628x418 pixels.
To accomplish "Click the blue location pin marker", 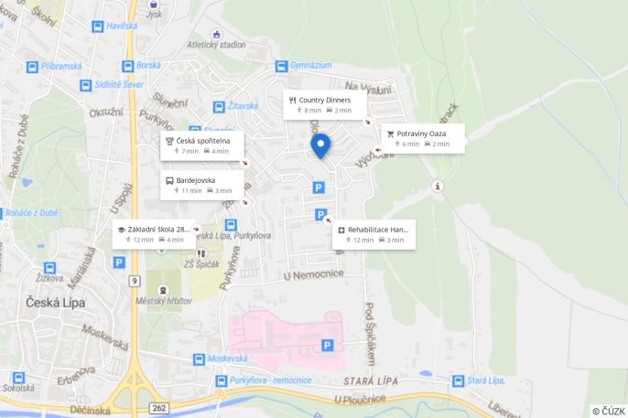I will pyautogui.click(x=319, y=145).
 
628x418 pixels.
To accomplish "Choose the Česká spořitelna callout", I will pyautogui.click(x=202, y=145).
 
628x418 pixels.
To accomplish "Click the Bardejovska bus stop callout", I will pyautogui.click(x=202, y=185).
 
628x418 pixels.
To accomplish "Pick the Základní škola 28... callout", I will pyautogui.click(x=154, y=233).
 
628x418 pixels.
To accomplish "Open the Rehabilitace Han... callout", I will pyautogui.click(x=374, y=234).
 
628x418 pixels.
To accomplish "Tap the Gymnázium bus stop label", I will pyautogui.click(x=310, y=66).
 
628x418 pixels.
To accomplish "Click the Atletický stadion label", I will pyautogui.click(x=216, y=44).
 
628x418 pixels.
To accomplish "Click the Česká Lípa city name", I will pyautogui.click(x=55, y=303).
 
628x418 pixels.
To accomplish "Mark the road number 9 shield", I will pyautogui.click(x=134, y=280).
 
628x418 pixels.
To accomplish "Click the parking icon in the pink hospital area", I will pyautogui.click(x=327, y=345).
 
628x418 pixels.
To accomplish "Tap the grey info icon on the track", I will pyautogui.click(x=439, y=186).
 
